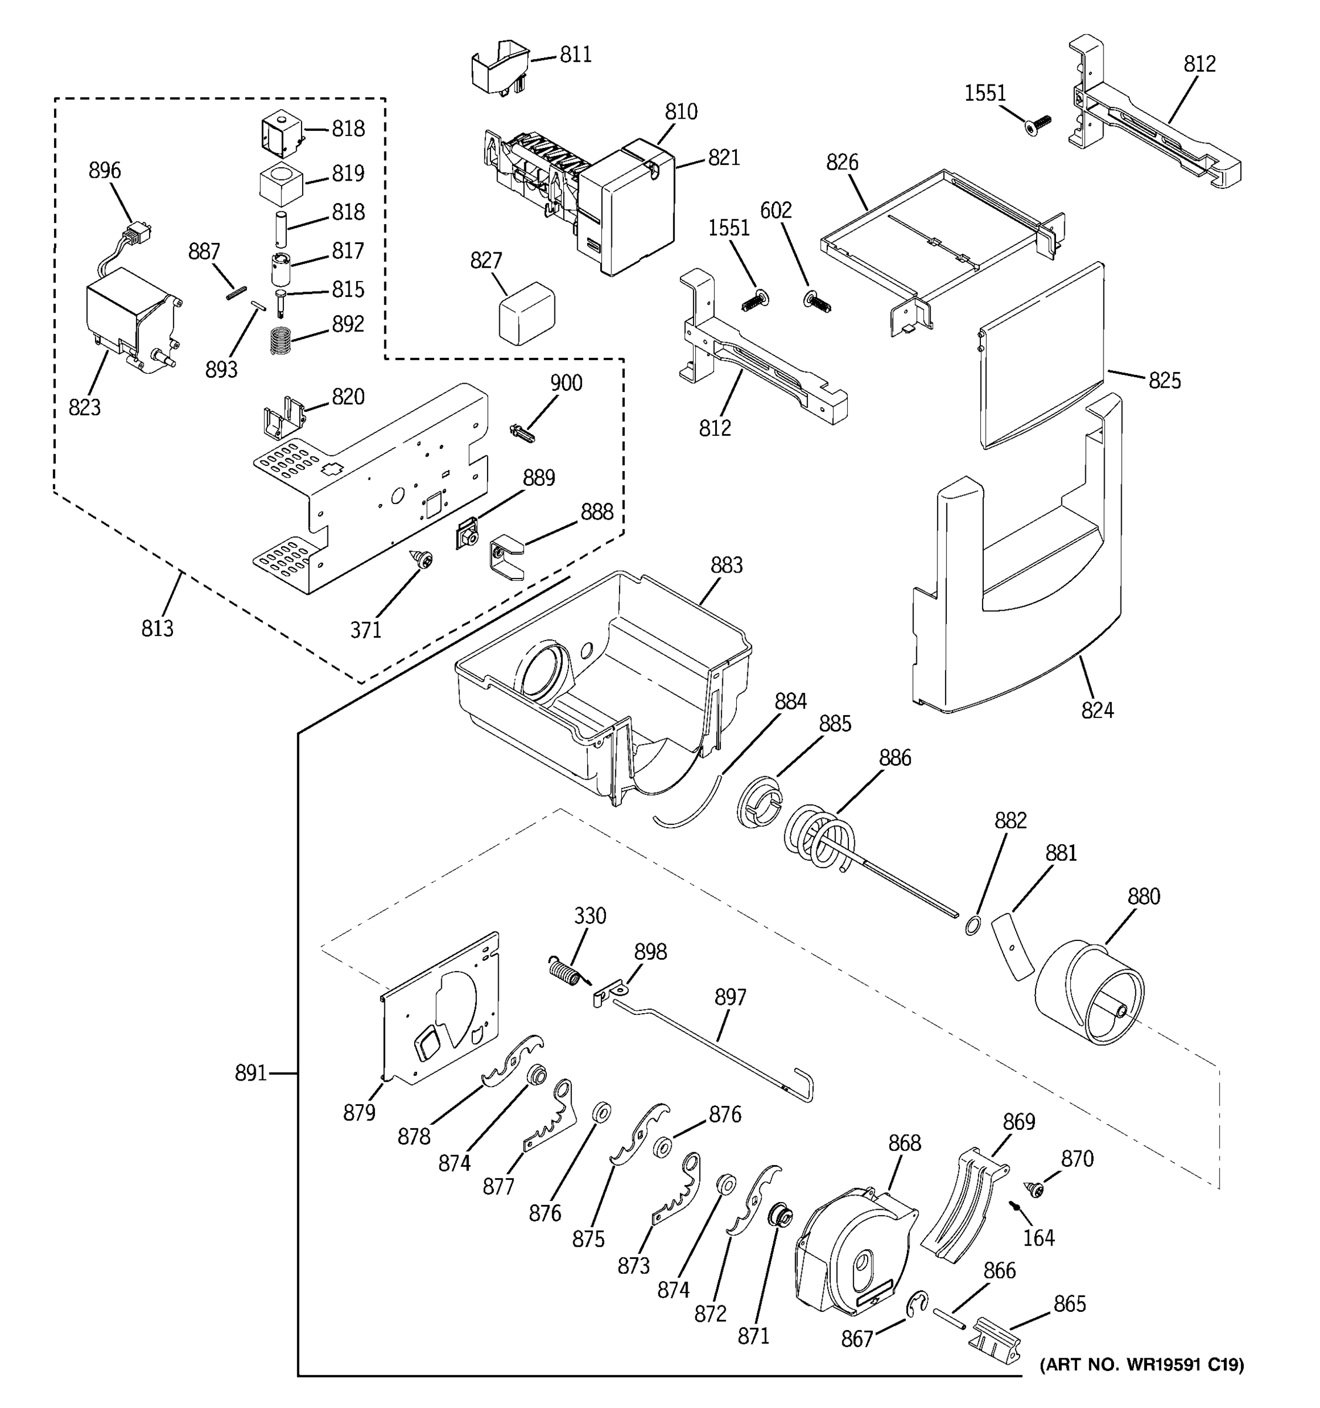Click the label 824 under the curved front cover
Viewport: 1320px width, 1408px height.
pos(1097,710)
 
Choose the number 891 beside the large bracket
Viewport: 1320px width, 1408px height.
pos(251,1074)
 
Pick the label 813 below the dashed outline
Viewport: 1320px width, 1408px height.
pos(157,628)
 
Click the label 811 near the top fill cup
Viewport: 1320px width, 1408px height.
pos(575,55)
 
